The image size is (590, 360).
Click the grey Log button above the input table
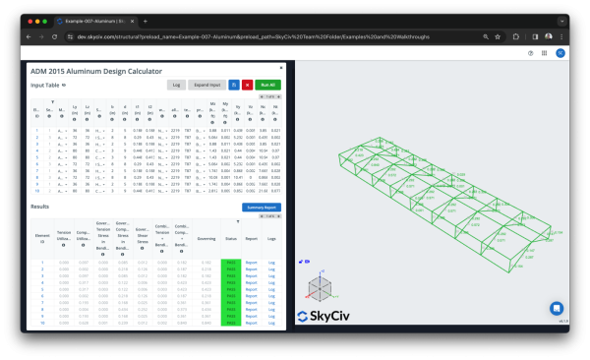point(177,86)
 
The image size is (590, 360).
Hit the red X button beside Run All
point(247,86)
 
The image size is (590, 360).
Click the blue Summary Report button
point(262,208)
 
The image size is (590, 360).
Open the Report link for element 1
point(251,263)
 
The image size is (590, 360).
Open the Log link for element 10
point(272,322)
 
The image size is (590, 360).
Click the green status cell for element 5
point(231,289)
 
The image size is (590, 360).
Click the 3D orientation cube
point(320,289)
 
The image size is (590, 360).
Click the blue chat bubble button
point(556,308)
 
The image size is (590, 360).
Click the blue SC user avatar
point(560,53)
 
